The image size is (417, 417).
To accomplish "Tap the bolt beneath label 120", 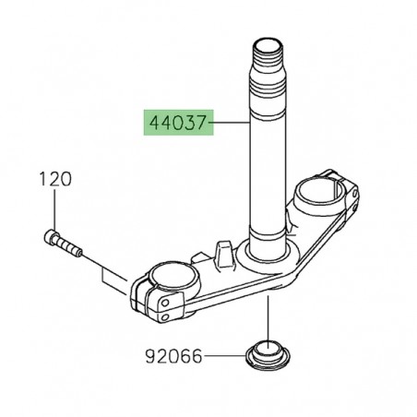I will [x=64, y=244].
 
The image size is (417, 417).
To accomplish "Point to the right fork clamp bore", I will [x=322, y=195].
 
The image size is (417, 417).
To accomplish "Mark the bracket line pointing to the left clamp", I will [x=111, y=274].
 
